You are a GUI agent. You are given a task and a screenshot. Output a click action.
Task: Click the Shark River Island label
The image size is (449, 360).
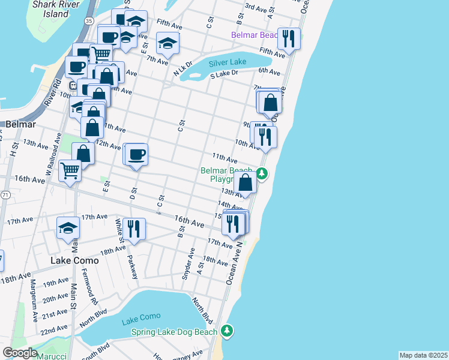[x=51, y=8]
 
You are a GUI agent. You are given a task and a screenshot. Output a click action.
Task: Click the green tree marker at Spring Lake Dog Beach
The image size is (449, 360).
[x=226, y=331]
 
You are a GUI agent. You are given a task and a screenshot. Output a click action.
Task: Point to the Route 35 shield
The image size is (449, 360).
[x=89, y=20]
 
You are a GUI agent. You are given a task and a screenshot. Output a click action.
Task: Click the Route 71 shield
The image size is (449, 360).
[x=5, y=195]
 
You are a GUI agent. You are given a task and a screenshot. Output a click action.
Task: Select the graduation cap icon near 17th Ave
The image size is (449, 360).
[x=68, y=228]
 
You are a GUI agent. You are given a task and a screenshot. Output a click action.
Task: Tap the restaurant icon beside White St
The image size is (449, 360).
[x=134, y=229]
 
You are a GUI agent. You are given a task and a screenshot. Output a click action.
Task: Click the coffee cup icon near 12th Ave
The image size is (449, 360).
[x=137, y=154]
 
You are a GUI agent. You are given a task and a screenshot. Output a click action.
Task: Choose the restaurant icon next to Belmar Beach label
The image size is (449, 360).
[x=289, y=39]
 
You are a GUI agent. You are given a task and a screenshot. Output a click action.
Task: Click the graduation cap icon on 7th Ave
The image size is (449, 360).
[x=167, y=43]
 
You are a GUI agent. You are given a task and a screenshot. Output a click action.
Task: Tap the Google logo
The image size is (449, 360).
[x=20, y=353]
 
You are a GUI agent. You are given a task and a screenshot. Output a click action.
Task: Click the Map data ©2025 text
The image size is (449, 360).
[x=423, y=355]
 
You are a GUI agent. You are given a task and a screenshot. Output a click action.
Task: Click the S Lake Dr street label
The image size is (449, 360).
[x=224, y=74]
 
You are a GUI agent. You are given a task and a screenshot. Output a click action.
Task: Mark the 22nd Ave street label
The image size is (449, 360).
[x=54, y=329]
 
